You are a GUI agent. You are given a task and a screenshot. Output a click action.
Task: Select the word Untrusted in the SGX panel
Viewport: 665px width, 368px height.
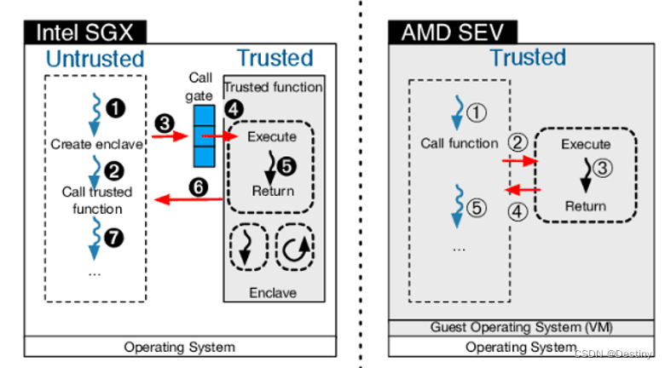tap(95, 60)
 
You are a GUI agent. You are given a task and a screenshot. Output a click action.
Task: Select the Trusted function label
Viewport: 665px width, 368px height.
tap(273, 87)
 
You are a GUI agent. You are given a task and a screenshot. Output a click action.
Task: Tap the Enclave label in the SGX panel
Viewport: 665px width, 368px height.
tap(273, 293)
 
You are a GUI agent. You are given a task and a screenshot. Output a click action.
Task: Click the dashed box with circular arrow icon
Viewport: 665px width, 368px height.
tap(295, 248)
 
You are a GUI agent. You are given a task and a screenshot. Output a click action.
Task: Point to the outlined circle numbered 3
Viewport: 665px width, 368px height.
tap(601, 169)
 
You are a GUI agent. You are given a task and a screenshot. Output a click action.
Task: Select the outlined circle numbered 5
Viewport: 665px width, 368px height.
tap(478, 205)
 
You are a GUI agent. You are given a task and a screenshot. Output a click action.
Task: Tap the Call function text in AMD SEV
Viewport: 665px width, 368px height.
tap(460, 143)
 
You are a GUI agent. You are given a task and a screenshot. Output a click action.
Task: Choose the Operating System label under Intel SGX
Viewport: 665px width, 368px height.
tap(179, 347)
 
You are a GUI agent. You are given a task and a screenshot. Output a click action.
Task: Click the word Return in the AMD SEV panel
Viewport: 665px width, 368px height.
tap(586, 206)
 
